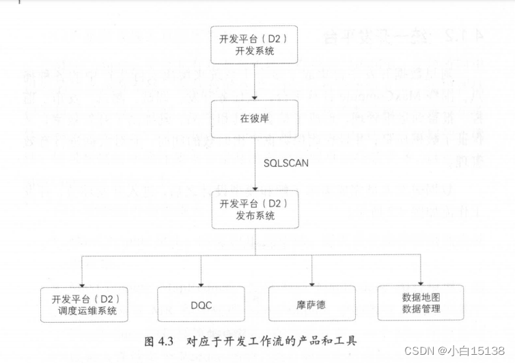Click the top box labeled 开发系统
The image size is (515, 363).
pyautogui.click(x=254, y=44)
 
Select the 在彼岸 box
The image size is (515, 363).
pyautogui.click(x=254, y=119)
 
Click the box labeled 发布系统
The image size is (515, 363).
pyautogui.click(x=254, y=210)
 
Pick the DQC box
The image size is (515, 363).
pyautogui.click(x=201, y=304)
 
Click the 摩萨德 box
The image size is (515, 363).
pyautogui.click(x=311, y=304)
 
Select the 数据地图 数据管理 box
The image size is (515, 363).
pyautogui.click(x=421, y=303)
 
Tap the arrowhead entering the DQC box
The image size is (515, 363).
pyautogui.click(x=201, y=282)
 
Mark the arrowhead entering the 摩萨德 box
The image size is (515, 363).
pyautogui.click(x=311, y=282)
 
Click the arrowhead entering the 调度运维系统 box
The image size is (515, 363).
pyautogui.click(x=84, y=282)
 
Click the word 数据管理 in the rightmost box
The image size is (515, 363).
pyautogui.click(x=421, y=309)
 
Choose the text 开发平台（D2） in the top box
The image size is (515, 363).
pyautogui.click(x=254, y=38)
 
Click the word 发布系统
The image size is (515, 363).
pyautogui.click(x=254, y=216)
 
